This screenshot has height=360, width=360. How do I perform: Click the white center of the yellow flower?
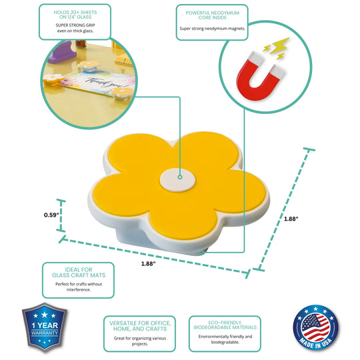[x=177, y=180]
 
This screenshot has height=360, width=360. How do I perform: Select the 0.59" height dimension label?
[x=51, y=215]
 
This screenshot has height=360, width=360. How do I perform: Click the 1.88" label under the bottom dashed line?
[x=148, y=263]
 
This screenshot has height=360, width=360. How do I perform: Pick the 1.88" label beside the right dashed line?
[x=291, y=219]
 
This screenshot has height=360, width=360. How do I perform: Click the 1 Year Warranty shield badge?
[x=45, y=327]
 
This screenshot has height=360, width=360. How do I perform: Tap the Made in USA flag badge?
[x=316, y=327]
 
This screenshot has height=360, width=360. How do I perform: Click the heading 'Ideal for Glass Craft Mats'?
[x=79, y=272]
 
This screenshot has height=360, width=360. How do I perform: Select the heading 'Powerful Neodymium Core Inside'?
[x=213, y=15]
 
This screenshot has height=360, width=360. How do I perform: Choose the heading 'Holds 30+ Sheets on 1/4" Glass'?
[x=75, y=15]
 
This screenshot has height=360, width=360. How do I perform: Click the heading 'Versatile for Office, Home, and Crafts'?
[x=140, y=326]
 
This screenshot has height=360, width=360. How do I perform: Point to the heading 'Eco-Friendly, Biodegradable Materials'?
[x=225, y=325]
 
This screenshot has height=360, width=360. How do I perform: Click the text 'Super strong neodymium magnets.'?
[x=213, y=29]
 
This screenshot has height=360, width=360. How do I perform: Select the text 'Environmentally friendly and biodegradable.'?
[x=225, y=339]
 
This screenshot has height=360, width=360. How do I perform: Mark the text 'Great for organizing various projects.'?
[x=140, y=341]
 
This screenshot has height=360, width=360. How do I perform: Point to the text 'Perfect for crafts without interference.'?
[x=79, y=287]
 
